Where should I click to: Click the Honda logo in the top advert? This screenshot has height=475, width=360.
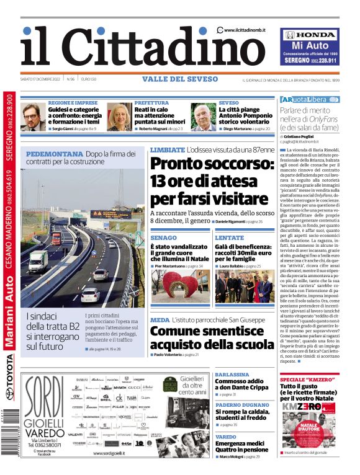pyautogui.click(x=310, y=35)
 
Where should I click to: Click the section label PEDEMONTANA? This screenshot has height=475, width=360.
pyautogui.click(x=55, y=154)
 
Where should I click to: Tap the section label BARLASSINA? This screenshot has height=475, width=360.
pyautogui.click(x=232, y=375)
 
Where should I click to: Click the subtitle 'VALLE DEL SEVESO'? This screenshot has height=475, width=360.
pyautogui.click(x=179, y=79)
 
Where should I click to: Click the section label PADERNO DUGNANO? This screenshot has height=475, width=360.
pyautogui.click(x=241, y=404)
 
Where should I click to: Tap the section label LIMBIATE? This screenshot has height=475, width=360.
pyautogui.click(x=167, y=150)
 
